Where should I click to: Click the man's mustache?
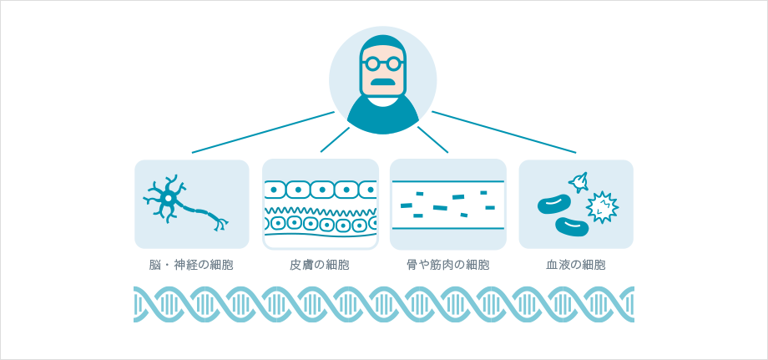click(382, 82)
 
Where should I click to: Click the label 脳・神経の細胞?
click(191, 265)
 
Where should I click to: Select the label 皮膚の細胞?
click(320, 265)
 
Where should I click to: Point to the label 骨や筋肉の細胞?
click(447, 265)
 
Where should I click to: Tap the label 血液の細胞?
click(576, 265)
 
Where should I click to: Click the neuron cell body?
click(168, 199)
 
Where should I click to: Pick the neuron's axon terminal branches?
click(220, 224)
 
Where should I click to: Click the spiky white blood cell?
click(601, 206)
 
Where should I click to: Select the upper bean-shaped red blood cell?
click(553, 204)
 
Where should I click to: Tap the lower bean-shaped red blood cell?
click(572, 226)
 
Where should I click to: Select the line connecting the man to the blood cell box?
click(505, 133)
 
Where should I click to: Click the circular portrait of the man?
click(382, 80)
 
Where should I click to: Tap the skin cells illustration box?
click(321, 205)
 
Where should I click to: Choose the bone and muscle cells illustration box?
click(447, 205)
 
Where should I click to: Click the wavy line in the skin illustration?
click(321, 210)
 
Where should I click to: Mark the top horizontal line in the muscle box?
click(447, 181)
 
